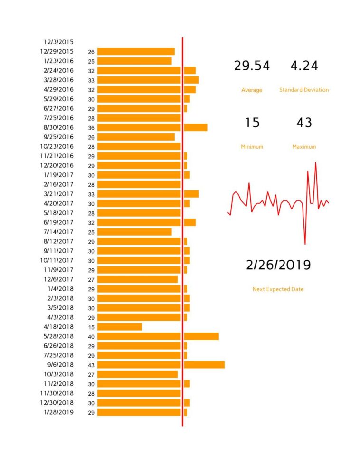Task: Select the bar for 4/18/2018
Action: point(120,327)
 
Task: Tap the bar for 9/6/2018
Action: point(161,365)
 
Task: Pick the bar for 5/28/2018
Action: point(158,336)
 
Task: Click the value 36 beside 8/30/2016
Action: point(91,128)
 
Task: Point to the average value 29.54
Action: point(252,66)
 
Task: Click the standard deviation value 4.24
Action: point(304,66)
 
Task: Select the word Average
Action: point(252,90)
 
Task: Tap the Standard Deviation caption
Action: point(304,90)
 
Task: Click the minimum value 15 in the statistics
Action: point(252,123)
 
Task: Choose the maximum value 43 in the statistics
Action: point(304,123)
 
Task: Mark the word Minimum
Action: point(252,147)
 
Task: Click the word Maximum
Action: point(304,147)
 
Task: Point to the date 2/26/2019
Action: point(278,265)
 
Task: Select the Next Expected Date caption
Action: point(278,289)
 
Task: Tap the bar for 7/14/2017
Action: point(134,232)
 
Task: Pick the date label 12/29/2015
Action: point(57,51)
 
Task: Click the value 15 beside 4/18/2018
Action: point(91,327)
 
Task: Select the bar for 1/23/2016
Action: point(134,61)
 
